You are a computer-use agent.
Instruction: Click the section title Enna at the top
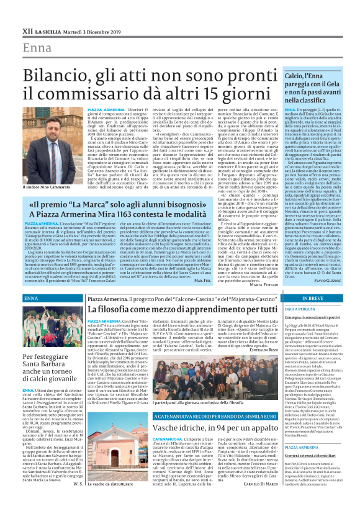37,48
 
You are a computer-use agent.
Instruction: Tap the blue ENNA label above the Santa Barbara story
31,299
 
